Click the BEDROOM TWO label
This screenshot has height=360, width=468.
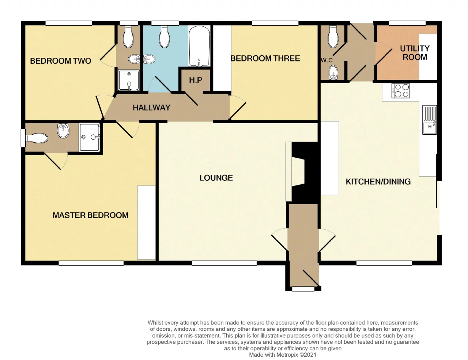(x=61, y=61)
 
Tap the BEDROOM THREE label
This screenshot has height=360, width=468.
(x=265, y=59)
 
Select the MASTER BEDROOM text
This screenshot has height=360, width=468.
(x=90, y=215)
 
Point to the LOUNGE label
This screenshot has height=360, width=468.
(x=216, y=178)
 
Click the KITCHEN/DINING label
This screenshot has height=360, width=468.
(x=378, y=182)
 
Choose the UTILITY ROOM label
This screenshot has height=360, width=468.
(x=415, y=53)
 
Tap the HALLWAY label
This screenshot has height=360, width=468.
(x=152, y=108)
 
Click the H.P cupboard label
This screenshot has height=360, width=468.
(x=196, y=80)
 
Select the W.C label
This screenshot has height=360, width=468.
(x=327, y=60)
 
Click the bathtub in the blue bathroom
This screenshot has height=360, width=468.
(x=199, y=46)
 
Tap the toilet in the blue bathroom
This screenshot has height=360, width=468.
(x=164, y=37)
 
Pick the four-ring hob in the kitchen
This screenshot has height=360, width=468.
(x=401, y=91)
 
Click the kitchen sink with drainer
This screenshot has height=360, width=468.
(x=430, y=120)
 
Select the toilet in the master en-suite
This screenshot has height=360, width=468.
(x=37, y=138)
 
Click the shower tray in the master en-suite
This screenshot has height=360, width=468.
(x=90, y=137)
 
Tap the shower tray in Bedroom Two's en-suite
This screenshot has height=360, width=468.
(x=129, y=80)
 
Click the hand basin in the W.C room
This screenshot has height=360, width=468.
(x=333, y=72)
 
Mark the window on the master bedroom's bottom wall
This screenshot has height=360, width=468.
(x=91, y=263)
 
